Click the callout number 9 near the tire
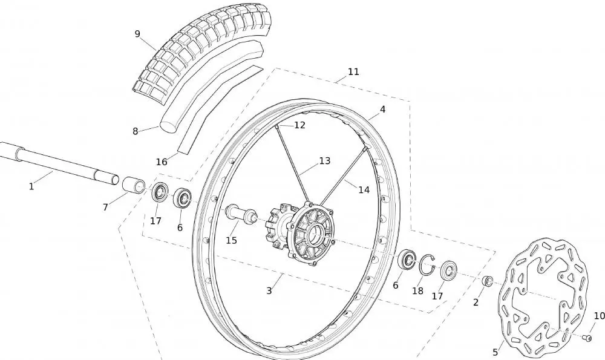tap(137, 34)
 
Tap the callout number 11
tap(353, 71)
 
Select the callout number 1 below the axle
tap(31, 186)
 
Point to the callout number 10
tap(599, 316)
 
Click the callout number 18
tap(417, 291)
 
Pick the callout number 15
tap(231, 240)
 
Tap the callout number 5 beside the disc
tap(495, 352)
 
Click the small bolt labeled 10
tap(586, 338)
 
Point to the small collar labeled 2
tap(487, 281)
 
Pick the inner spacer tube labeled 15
tap(240, 214)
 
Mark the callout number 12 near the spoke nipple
tap(299, 125)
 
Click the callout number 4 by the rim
tap(382, 110)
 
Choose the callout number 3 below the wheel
tap(269, 290)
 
